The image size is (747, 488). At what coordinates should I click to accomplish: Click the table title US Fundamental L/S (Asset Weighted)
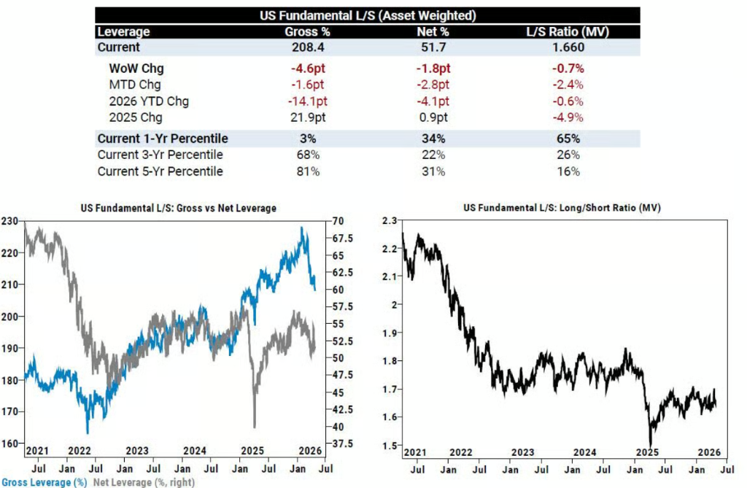[368, 15]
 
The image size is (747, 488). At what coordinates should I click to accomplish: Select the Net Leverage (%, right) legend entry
[144, 482]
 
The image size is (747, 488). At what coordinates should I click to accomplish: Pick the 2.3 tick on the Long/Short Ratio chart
[391, 220]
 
